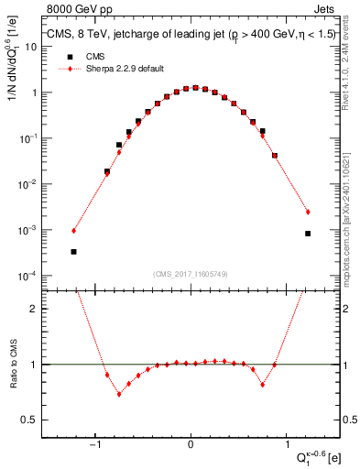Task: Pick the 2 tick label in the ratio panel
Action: pos(36,309)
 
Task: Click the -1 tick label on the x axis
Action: pos(96,446)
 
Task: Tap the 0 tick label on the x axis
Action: pos(191,446)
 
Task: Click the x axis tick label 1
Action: pos(286,446)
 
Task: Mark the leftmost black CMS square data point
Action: pos(73,251)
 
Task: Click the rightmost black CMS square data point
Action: pos(308,234)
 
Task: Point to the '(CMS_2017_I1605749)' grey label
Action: pos(191,274)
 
